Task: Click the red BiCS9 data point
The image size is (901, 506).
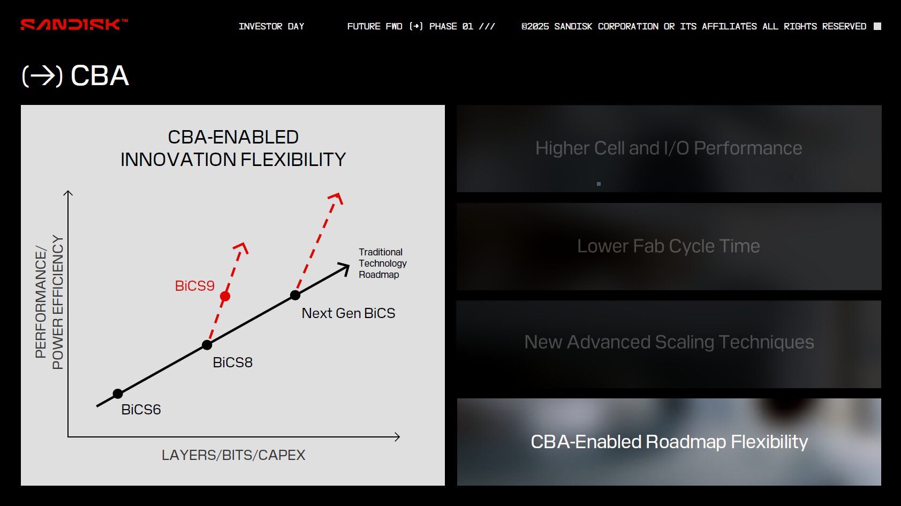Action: click(225, 297)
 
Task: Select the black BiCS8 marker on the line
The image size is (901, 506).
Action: click(207, 345)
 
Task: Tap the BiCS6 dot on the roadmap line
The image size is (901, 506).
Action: click(117, 394)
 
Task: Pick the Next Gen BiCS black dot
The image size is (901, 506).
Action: click(295, 296)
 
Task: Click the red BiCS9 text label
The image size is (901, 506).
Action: click(195, 286)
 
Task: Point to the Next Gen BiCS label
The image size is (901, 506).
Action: click(349, 313)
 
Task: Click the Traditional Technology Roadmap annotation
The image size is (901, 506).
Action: click(383, 263)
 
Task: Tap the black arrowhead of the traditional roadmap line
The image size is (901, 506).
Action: click(344, 268)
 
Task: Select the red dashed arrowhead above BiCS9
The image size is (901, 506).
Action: click(242, 248)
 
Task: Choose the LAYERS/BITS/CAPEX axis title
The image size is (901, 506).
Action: click(233, 455)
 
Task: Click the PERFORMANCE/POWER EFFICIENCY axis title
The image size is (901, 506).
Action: click(49, 302)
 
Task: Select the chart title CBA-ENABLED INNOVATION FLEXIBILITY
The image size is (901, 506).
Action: click(233, 148)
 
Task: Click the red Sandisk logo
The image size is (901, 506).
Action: click(74, 25)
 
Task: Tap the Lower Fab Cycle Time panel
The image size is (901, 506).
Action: click(669, 246)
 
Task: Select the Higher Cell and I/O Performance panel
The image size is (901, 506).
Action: click(669, 148)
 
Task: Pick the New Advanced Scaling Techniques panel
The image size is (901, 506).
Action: click(669, 344)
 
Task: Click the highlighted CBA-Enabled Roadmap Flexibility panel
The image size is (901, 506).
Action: click(669, 442)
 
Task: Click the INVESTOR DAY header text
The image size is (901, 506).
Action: click(271, 27)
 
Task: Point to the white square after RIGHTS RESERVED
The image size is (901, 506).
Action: click(877, 26)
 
